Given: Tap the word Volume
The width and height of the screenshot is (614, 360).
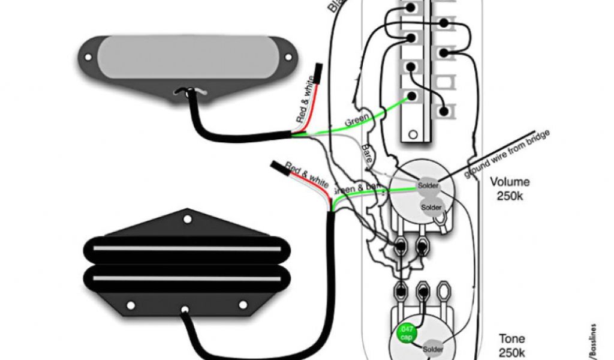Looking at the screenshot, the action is [510, 182].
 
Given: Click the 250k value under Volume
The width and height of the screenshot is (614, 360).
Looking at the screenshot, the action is [510, 196].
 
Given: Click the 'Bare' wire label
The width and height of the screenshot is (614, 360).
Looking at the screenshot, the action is [367, 155].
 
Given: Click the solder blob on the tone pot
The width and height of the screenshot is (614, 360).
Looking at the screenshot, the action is [434, 349].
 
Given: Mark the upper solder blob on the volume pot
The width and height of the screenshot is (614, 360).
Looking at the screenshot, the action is [429, 186].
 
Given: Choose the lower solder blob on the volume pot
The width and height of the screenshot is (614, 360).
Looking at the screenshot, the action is [431, 207].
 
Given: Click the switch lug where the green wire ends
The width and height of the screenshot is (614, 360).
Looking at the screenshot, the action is [411, 96].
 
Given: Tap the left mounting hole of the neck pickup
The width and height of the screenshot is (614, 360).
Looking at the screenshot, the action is [88, 58].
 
